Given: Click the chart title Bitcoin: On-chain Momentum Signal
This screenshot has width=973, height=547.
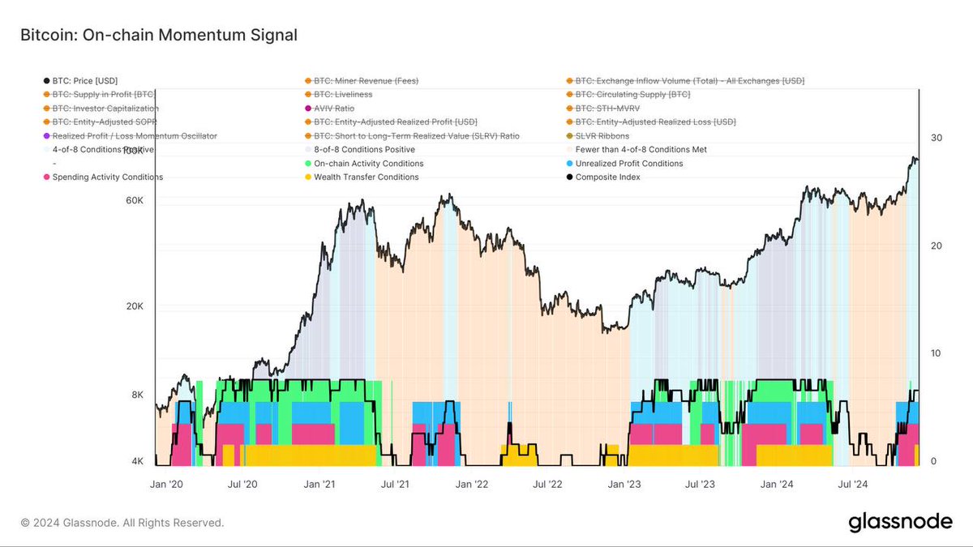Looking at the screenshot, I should pos(158,35).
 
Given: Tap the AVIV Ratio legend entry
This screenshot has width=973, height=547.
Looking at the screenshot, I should pos(334,109).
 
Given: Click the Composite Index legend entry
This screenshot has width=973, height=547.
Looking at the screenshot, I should pos(607,177).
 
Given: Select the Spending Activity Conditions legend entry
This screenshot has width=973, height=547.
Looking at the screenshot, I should pos(107,177).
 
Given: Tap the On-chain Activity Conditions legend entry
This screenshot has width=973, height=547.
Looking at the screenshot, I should pos(368,164).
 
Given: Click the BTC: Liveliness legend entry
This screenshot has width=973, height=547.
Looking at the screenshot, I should pos(343,95).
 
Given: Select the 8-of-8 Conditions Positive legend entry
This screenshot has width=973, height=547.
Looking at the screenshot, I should pos(364,150).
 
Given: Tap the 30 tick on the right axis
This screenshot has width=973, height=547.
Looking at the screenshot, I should pos(936,139).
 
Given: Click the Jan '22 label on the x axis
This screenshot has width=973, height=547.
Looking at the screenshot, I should pos(470,485).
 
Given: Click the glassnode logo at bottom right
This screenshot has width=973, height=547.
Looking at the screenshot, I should pos(900,523).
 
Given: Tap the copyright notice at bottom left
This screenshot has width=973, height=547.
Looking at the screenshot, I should pos(122,523).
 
